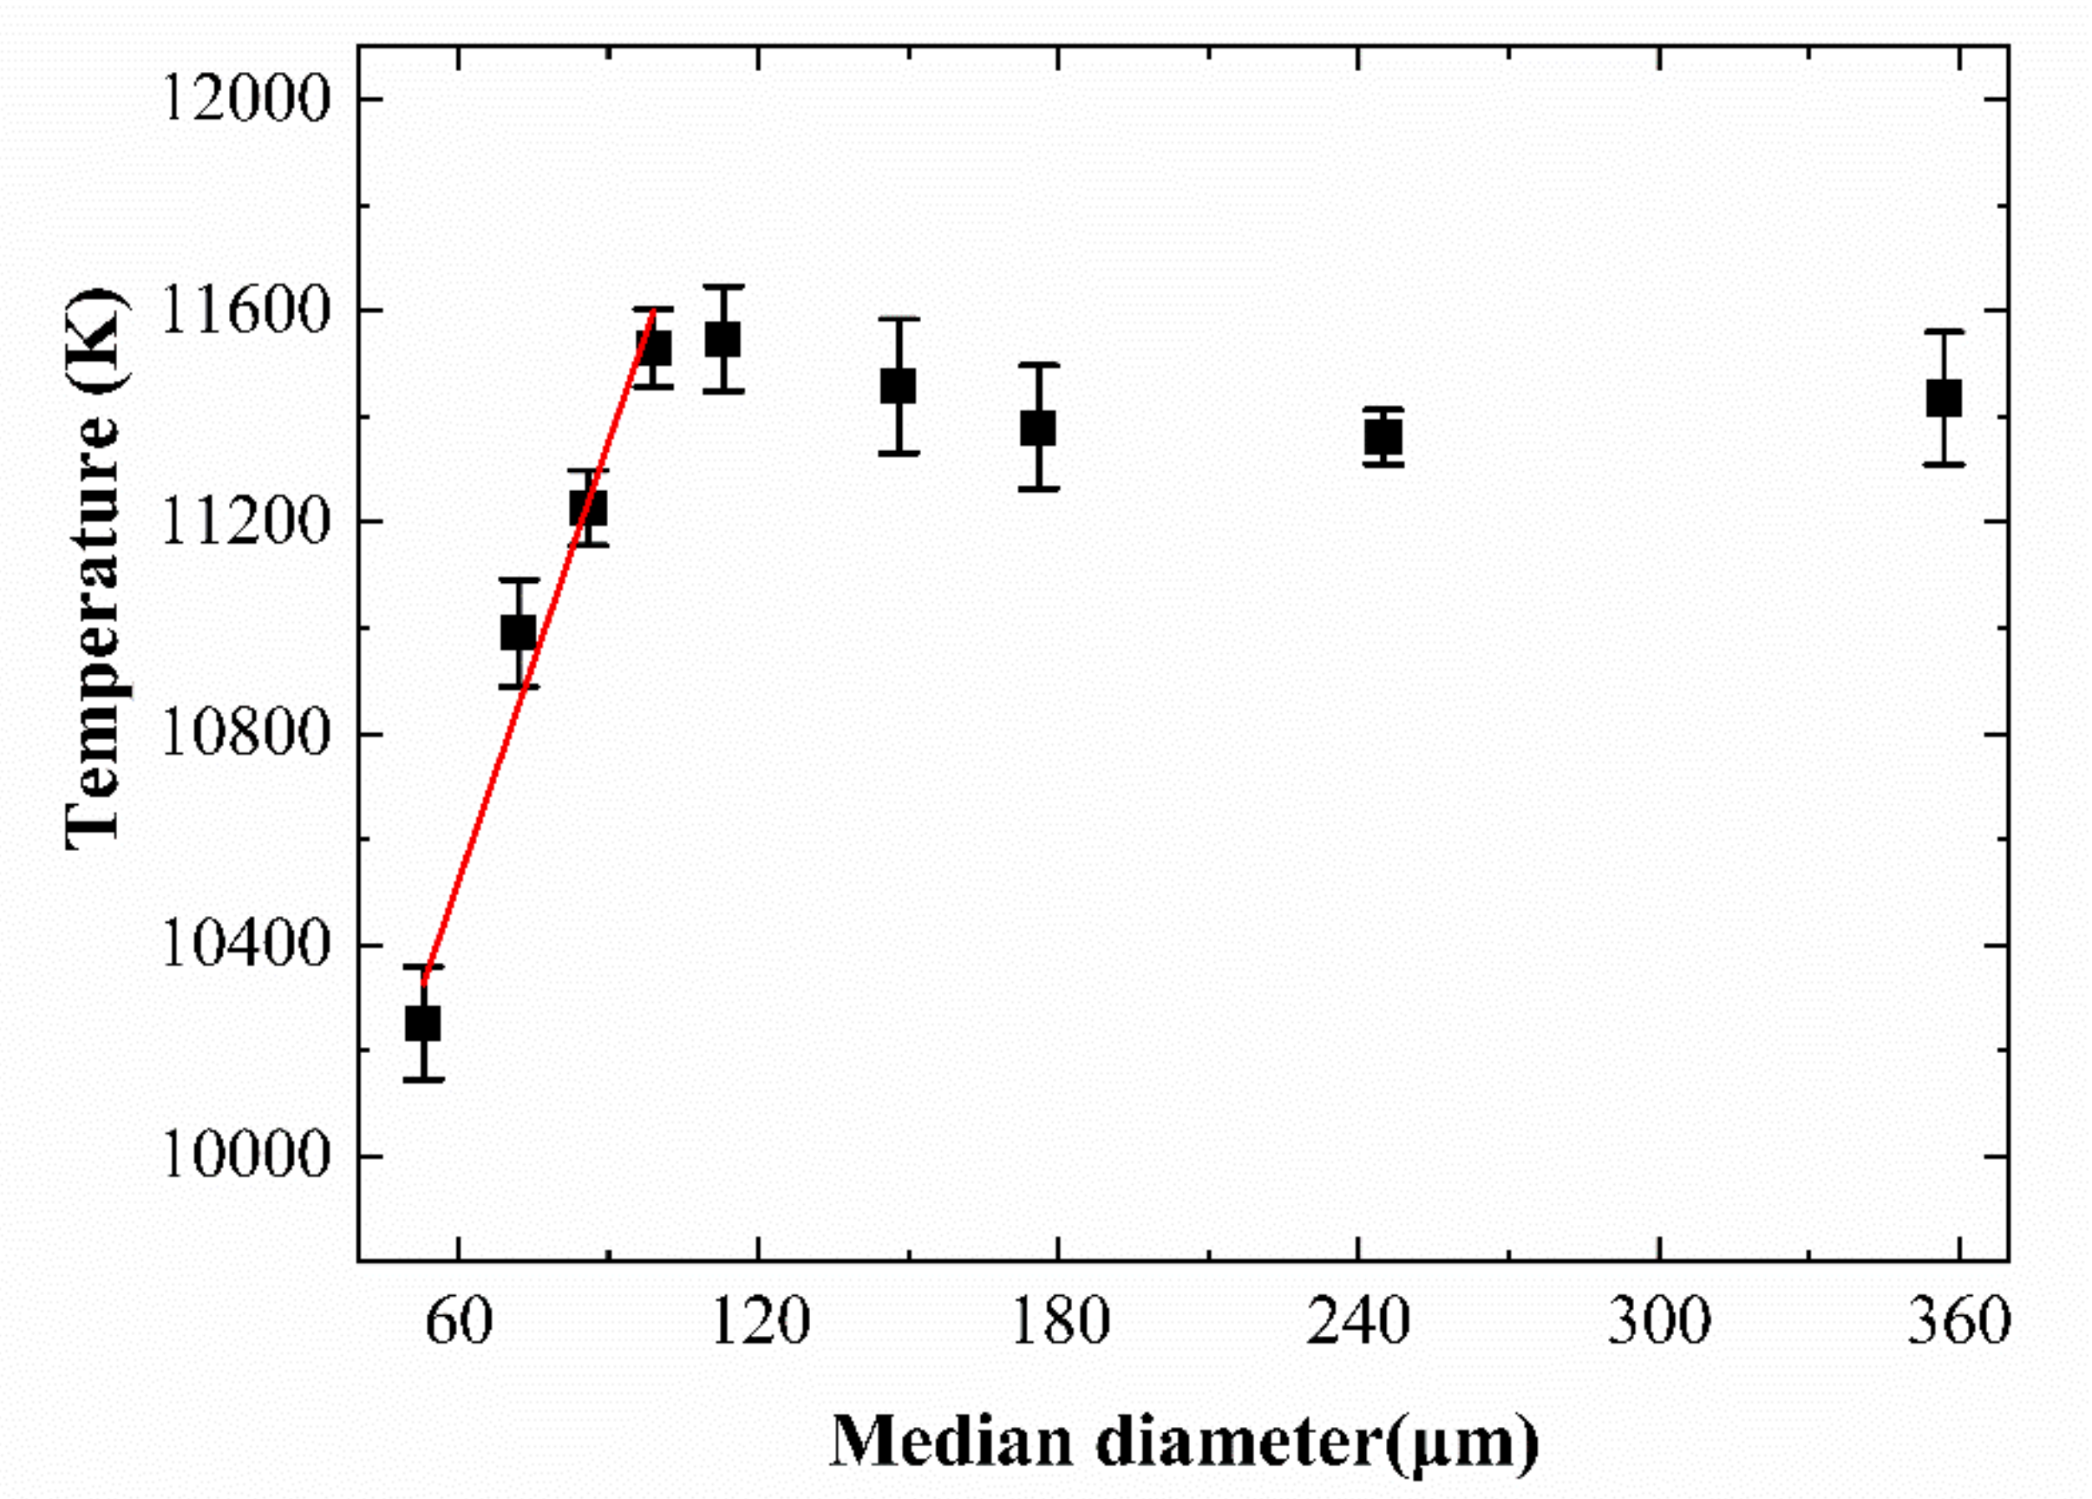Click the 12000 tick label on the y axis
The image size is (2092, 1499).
pos(245,99)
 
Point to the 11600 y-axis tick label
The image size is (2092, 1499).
pos(245,311)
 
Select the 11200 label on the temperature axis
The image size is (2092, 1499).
pos(245,522)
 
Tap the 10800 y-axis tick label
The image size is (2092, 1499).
pos(245,734)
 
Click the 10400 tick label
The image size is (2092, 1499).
pos(245,945)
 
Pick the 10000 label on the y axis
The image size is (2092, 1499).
pos(245,1155)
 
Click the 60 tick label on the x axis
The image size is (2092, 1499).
pos(460,1321)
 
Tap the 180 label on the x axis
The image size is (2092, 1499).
pos(1060,1321)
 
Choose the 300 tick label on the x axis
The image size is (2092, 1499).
pos(1659,1321)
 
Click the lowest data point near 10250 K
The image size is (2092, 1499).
pos(423,1023)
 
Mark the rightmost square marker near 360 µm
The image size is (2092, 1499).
pos(1944,397)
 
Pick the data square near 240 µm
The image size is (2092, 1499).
pos(1383,436)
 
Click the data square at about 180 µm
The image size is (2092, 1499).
pos(1038,428)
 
